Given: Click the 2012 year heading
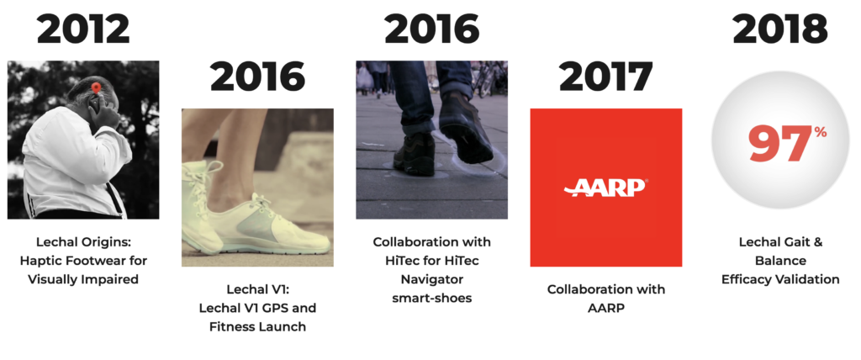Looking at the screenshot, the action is [x=83, y=29].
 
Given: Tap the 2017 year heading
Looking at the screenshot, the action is [x=605, y=77].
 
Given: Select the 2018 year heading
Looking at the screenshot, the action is [x=779, y=29].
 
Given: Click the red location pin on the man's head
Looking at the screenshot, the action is [x=96, y=88].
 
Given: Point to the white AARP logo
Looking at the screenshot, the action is [x=605, y=188].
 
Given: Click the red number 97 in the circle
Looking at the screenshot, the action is [x=779, y=144].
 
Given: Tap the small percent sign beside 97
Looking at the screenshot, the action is [x=821, y=132].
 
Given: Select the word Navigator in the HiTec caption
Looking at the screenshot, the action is [x=431, y=280].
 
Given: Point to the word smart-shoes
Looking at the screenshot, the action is [x=431, y=299].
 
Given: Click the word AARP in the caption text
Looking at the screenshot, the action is [x=605, y=308].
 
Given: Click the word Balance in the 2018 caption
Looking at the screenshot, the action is [x=780, y=261].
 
